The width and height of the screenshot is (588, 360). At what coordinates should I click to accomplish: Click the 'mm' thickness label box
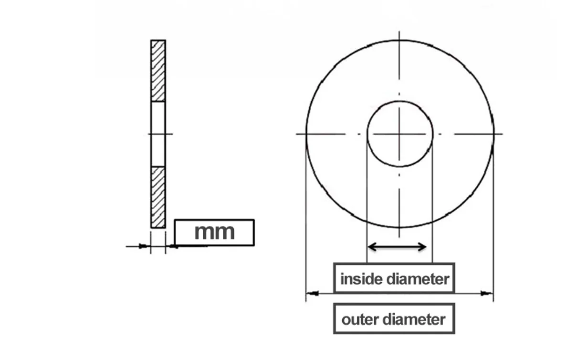(x=214, y=233)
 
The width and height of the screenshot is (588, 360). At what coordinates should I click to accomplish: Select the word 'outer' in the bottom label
(x=358, y=319)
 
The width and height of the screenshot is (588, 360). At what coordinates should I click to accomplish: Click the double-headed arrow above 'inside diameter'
(x=397, y=247)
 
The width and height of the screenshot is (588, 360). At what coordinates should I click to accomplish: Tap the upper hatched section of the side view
(x=158, y=71)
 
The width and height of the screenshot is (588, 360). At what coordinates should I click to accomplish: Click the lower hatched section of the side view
(x=158, y=197)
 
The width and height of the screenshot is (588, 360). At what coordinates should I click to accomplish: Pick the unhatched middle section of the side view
(x=158, y=134)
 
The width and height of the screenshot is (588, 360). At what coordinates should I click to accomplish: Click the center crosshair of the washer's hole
(x=399, y=134)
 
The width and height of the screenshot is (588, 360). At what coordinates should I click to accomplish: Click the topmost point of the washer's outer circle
(x=399, y=40)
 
